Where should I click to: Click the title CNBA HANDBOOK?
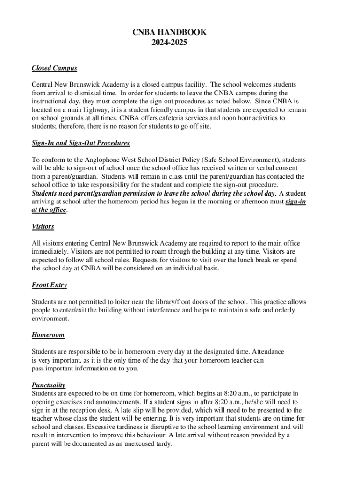(169, 32)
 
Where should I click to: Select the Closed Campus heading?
(54, 68)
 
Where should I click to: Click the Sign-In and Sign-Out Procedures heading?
(80, 143)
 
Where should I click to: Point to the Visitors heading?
(43, 226)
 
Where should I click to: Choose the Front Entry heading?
(49, 285)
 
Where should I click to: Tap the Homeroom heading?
(48, 335)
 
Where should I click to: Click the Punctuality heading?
(48, 385)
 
